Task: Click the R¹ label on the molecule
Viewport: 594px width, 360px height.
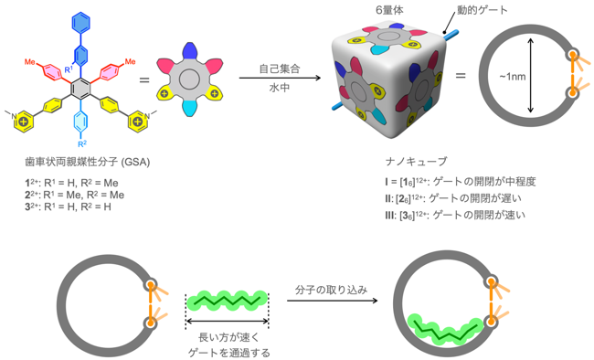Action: pos(69,69)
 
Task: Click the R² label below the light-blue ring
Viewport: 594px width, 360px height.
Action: pos(82,143)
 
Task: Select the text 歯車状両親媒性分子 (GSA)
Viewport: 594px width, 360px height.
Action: pos(88,163)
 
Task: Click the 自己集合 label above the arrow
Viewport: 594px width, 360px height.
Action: pos(280,69)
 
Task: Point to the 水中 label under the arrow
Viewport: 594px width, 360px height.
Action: pos(280,89)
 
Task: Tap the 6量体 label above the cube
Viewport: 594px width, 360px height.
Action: pos(389,10)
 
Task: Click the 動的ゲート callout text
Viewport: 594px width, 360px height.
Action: pos(483,10)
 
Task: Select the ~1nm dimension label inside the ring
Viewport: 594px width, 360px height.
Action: pos(512,77)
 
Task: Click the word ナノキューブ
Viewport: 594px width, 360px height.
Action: pos(417,162)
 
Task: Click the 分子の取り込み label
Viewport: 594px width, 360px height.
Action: pos(332,291)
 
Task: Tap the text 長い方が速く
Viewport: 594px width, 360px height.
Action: pos(228,337)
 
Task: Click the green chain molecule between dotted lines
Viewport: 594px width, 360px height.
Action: pos(228,301)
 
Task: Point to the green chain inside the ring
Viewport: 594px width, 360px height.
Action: pos(445,330)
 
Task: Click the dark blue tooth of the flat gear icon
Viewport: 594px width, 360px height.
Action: pos(188,51)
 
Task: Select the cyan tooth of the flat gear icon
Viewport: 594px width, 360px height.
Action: pos(188,109)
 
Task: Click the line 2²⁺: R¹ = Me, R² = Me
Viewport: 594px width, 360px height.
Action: pos(75,195)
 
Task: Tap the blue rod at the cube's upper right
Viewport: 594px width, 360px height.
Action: pos(450,35)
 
